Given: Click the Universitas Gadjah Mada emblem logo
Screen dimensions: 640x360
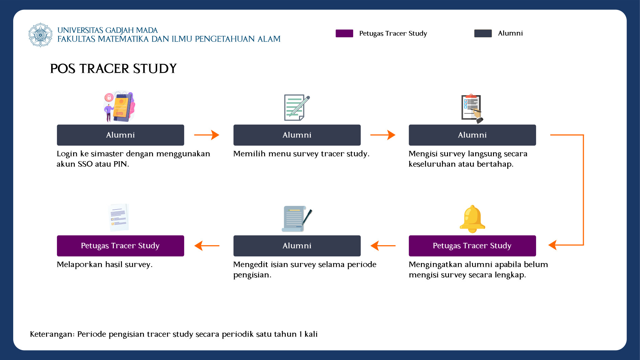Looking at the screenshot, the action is pos(40,35).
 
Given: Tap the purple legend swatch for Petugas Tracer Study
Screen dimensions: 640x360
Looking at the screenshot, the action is pos(344,33).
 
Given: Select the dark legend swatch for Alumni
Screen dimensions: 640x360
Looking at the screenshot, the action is pos(483,33).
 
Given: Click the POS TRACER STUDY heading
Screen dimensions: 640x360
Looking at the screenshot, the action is pos(113,68).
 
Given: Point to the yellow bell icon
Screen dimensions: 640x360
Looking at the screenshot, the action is pos(472,219).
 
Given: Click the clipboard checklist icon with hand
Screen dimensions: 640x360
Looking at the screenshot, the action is pos(472,108).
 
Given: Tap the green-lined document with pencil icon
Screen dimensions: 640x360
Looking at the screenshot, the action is pos(297,108).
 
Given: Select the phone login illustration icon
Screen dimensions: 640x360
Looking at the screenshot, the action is pos(119,106).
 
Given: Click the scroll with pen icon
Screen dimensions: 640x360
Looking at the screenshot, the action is pos(297,219).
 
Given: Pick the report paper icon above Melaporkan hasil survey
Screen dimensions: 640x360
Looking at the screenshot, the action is pos(119,217).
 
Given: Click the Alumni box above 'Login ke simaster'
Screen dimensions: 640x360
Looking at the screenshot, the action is pos(121,135).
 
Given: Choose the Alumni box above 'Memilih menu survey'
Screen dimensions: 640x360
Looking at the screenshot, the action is pos(297,135).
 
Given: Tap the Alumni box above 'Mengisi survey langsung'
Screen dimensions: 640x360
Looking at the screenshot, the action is pos(472,135).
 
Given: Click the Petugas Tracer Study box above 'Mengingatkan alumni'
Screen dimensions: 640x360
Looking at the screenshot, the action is pos(472,246).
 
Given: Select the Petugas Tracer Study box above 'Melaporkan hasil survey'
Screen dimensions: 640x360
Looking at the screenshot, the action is pos(121,246).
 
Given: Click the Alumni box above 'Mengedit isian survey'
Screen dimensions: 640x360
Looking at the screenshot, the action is pos(297,246).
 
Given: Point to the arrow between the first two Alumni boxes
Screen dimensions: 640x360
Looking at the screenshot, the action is pos(207,135).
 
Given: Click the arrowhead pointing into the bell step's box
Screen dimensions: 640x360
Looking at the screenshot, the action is pos(553,245).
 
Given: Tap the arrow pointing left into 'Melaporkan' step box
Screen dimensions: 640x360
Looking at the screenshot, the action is pos(207,246).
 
